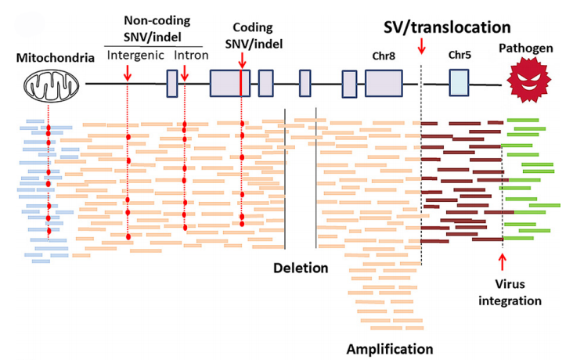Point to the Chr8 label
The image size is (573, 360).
click(x=384, y=56)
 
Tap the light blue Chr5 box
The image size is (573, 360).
click(x=459, y=82)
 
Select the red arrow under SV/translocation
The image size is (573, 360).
click(x=422, y=50)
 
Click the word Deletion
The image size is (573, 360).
click(x=301, y=268)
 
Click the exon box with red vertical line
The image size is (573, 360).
click(x=229, y=83)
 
